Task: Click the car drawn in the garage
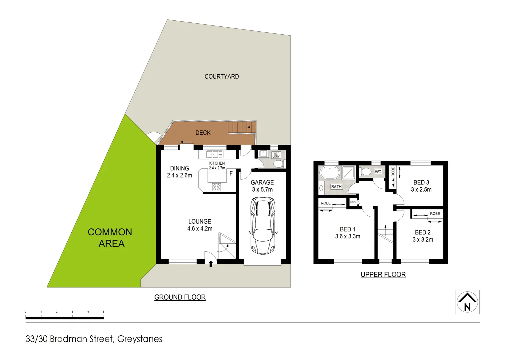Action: [x=263, y=225]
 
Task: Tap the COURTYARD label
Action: [x=222, y=77]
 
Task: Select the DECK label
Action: [x=203, y=133]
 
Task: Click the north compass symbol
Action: [x=467, y=302]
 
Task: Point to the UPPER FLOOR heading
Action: [x=383, y=275]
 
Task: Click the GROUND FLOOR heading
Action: [x=180, y=297]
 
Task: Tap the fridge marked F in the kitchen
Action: [x=231, y=174]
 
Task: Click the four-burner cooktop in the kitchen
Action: [x=217, y=187]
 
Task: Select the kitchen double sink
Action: [x=215, y=154]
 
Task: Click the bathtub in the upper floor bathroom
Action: [x=329, y=173]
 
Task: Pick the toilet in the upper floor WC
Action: [x=366, y=172]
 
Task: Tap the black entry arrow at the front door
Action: [x=211, y=264]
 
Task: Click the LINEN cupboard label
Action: [x=353, y=202]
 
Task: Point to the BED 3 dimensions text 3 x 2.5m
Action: [x=421, y=190]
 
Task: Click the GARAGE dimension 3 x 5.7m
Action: [x=262, y=190]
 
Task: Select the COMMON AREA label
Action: [x=110, y=238]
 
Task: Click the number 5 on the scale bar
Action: [x=104, y=312]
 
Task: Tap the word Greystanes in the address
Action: [x=140, y=339]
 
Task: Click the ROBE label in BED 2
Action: [x=435, y=214]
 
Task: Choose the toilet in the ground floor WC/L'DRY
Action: [x=278, y=164]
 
